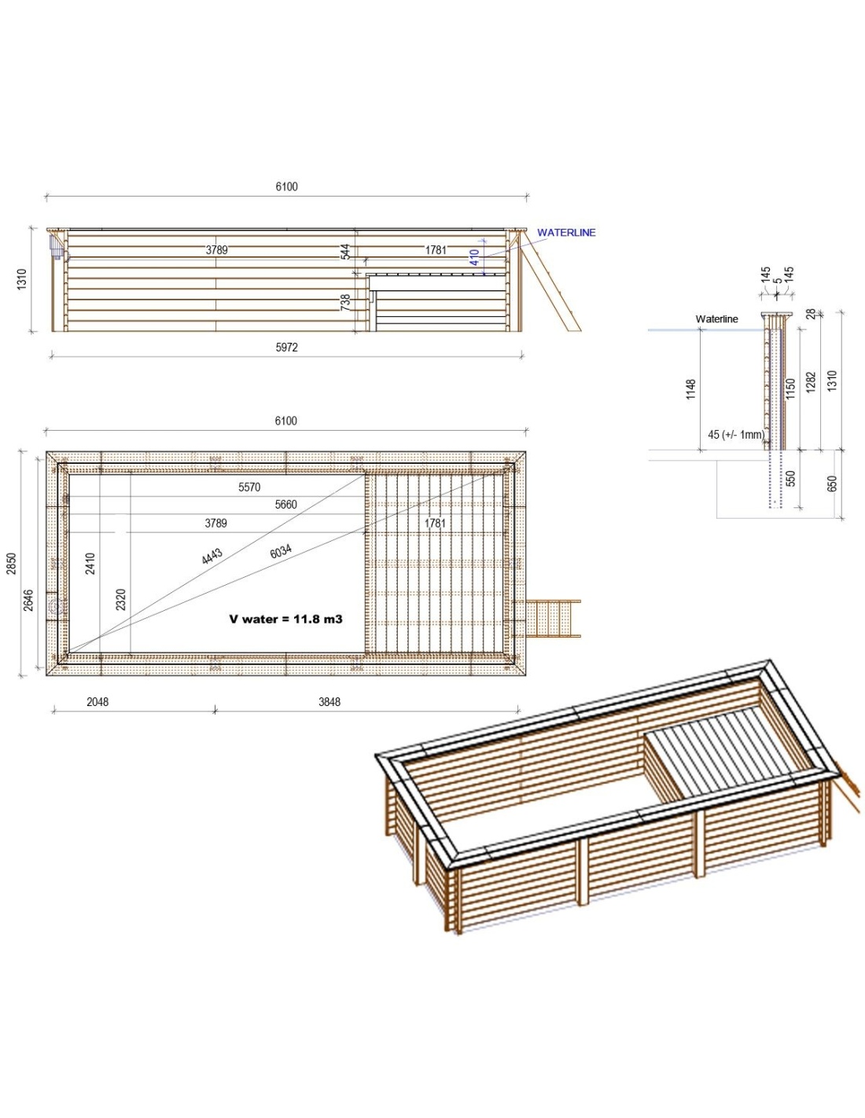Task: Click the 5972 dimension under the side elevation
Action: pyautogui.click(x=286, y=348)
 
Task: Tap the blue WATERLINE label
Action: pyautogui.click(x=566, y=233)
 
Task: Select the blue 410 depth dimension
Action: pyautogui.click(x=474, y=257)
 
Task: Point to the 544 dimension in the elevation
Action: pyautogui.click(x=345, y=252)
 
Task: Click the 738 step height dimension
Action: pyautogui.click(x=345, y=302)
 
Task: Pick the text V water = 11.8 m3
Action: pyautogui.click(x=285, y=620)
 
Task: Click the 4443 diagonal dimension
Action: pyautogui.click(x=212, y=556)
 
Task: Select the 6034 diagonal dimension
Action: pyautogui.click(x=281, y=552)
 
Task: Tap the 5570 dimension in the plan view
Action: pyautogui.click(x=249, y=487)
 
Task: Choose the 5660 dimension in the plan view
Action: pyautogui.click(x=286, y=505)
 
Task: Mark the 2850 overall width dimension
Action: pyautogui.click(x=12, y=563)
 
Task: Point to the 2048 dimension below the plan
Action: pyautogui.click(x=98, y=702)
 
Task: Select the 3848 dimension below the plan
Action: pyautogui.click(x=329, y=702)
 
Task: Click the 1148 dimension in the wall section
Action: pyautogui.click(x=690, y=388)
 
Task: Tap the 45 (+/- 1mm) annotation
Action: pyautogui.click(x=735, y=434)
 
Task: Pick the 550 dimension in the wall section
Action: pyautogui.click(x=790, y=478)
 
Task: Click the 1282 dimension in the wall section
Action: pyautogui.click(x=811, y=382)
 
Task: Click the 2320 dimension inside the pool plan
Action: pyautogui.click(x=121, y=599)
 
